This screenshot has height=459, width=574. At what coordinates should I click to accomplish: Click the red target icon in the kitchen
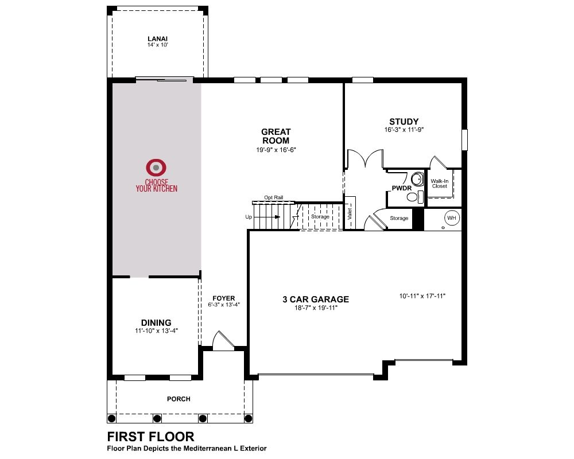pos(156,168)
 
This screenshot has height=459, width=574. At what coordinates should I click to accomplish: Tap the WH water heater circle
pos(452,218)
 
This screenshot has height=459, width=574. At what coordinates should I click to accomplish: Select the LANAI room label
pos(158,39)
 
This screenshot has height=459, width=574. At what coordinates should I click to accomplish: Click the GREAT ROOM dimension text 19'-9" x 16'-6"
pos(276,150)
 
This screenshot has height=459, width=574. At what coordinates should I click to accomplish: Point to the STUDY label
pos(404,122)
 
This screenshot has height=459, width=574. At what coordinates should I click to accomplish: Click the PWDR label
pos(402,188)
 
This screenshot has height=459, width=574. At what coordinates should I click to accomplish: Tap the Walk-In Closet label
pos(440,184)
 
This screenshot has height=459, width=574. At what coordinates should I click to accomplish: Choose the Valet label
pos(350,214)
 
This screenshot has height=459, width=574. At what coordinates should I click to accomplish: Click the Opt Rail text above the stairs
pos(274,197)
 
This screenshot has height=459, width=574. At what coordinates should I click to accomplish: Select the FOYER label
pos(224,298)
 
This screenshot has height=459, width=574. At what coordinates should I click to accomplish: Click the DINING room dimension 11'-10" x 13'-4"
pos(156,331)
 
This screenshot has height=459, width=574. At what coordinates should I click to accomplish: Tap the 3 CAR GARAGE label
pos(316,299)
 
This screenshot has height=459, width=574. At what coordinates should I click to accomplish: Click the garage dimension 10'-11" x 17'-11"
pos(422,296)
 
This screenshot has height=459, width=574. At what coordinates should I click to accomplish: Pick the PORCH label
pos(179,399)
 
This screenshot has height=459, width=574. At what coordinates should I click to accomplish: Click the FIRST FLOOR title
pos(150,437)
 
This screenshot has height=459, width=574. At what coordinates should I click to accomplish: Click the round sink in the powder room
pos(417,179)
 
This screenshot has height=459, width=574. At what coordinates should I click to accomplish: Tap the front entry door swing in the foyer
pos(223,339)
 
